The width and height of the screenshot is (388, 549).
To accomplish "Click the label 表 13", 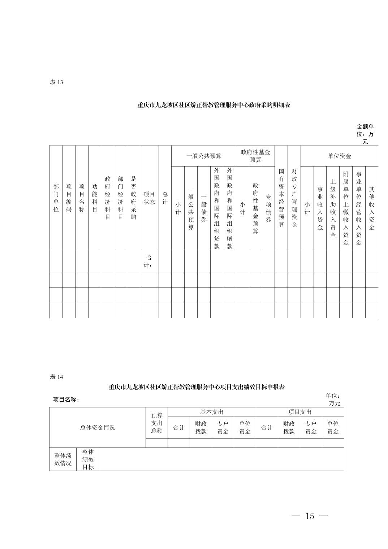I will coord(56,82).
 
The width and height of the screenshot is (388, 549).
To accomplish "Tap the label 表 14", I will coord(56,377).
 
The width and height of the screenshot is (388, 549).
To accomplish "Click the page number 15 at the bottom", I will coord(310,516).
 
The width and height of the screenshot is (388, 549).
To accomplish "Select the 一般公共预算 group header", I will coord(204,156).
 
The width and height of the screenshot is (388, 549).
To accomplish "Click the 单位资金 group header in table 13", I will coord(339,156).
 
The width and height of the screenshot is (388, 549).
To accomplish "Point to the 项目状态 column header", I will coord(149,198).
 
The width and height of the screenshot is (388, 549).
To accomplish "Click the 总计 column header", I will coord(165,198).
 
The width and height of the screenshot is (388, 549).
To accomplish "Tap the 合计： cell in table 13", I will coord(149,261).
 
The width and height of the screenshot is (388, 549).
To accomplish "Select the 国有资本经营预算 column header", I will coord(281,198).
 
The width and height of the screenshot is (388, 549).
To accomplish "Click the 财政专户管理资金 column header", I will coord(294,198).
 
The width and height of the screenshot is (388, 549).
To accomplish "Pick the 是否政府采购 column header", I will coord(133,198).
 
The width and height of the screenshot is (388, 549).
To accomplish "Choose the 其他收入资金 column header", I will coord(372,208).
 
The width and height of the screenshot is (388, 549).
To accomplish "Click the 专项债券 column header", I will coord(268,208).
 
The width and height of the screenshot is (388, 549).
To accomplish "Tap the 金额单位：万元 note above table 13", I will coord(365,134).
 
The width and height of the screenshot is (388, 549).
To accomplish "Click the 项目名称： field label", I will coord(66,399).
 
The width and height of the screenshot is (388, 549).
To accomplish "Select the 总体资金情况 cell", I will coord(98,428).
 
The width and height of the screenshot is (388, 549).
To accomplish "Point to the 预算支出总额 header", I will coord(157,423).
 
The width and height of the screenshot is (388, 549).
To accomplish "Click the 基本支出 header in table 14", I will coord(212,412).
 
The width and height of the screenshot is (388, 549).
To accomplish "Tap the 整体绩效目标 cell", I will coord(88,459).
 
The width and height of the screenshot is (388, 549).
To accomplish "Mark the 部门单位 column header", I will coord(56,198).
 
